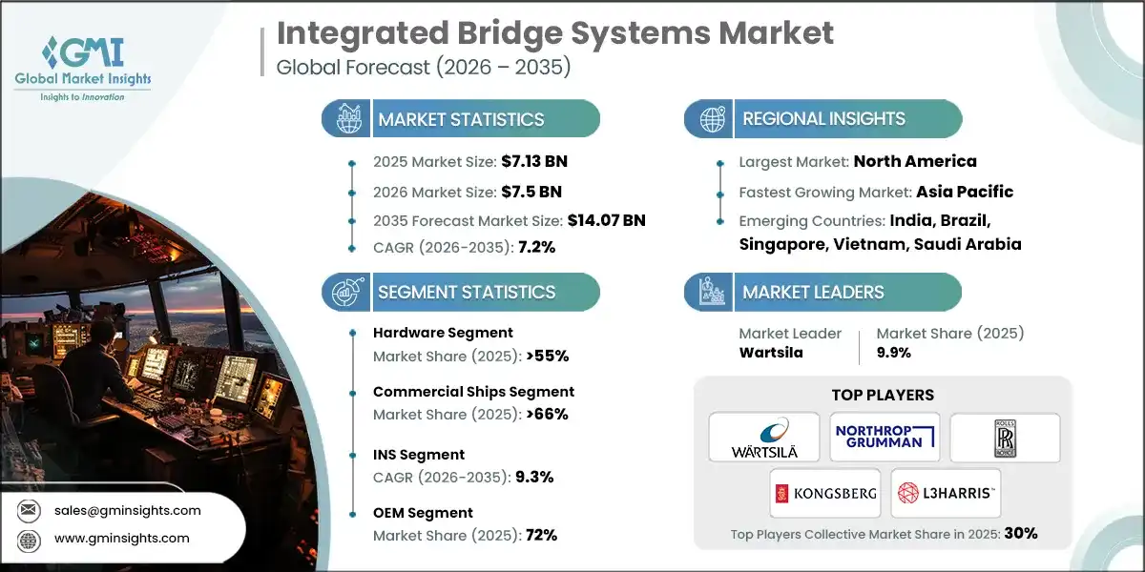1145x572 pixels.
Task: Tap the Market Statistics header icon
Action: (346, 119)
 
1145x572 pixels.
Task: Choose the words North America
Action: (915, 161)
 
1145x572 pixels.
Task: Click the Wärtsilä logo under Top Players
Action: (763, 438)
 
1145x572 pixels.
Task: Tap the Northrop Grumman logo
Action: (884, 438)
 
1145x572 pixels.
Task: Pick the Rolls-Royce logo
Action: (1005, 438)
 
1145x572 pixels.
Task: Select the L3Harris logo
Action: (945, 493)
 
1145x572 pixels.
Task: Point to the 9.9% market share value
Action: (893, 352)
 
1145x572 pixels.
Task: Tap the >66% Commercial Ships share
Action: (542, 414)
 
